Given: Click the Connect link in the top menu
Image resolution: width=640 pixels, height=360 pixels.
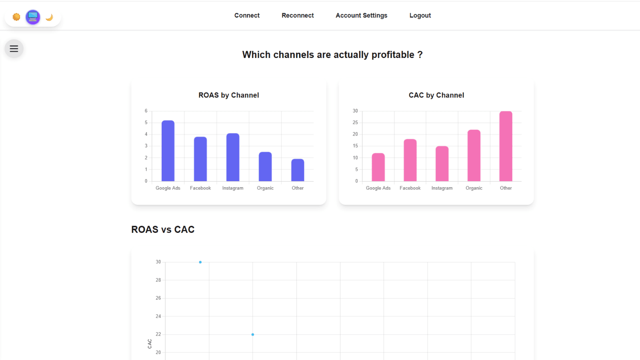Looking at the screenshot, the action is point(247,16).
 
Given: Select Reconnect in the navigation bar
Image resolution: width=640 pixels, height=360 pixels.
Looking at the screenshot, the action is point(298,16).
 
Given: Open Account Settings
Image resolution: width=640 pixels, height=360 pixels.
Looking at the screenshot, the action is point(362,16).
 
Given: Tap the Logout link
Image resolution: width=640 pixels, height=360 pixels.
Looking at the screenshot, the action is point(420,16).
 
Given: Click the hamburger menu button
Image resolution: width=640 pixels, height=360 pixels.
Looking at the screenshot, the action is point(14,48).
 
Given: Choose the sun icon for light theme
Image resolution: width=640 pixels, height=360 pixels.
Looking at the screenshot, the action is point(16,17).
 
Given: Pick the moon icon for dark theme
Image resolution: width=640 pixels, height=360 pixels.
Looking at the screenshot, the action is point(49,18).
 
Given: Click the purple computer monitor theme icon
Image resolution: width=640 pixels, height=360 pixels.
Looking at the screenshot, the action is point(33,17).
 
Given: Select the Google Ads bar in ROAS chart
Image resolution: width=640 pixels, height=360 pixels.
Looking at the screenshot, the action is point(168,151).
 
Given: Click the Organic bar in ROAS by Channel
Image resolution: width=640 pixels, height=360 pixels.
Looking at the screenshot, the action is point(265,166).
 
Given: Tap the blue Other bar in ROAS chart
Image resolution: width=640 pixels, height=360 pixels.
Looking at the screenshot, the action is point(298,170).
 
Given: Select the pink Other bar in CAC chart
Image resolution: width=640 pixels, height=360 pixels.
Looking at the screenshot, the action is point(506,146).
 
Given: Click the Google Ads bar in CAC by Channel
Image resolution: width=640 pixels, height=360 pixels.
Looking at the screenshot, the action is point(378,167).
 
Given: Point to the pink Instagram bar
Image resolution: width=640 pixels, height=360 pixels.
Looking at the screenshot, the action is point(442,164).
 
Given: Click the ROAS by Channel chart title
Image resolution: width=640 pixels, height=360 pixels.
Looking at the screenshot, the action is point(228,95).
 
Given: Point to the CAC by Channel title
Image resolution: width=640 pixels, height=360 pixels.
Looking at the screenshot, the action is point(436,95).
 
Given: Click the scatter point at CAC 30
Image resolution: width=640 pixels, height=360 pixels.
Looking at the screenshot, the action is point(200,262).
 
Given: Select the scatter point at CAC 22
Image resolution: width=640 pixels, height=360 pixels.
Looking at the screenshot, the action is point(252,334).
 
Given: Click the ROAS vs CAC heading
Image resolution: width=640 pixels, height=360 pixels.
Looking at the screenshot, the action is point(163,230).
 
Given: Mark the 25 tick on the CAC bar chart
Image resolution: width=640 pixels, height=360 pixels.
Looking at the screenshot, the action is point(355,122).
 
